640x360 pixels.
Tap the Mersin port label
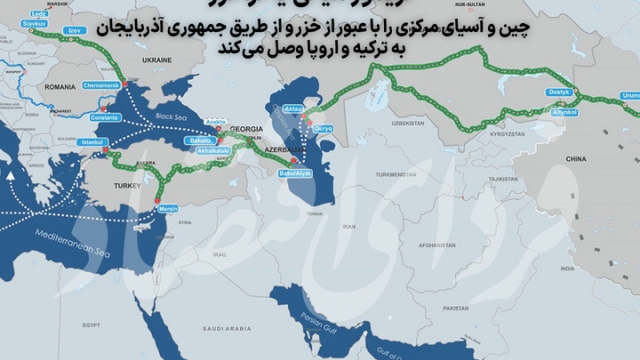click(x=163, y=208)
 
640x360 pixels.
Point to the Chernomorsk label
click(x=105, y=86)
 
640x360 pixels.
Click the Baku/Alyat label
click(x=298, y=174)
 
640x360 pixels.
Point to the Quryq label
click(x=322, y=129)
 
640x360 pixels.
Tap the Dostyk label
click(x=558, y=93)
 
